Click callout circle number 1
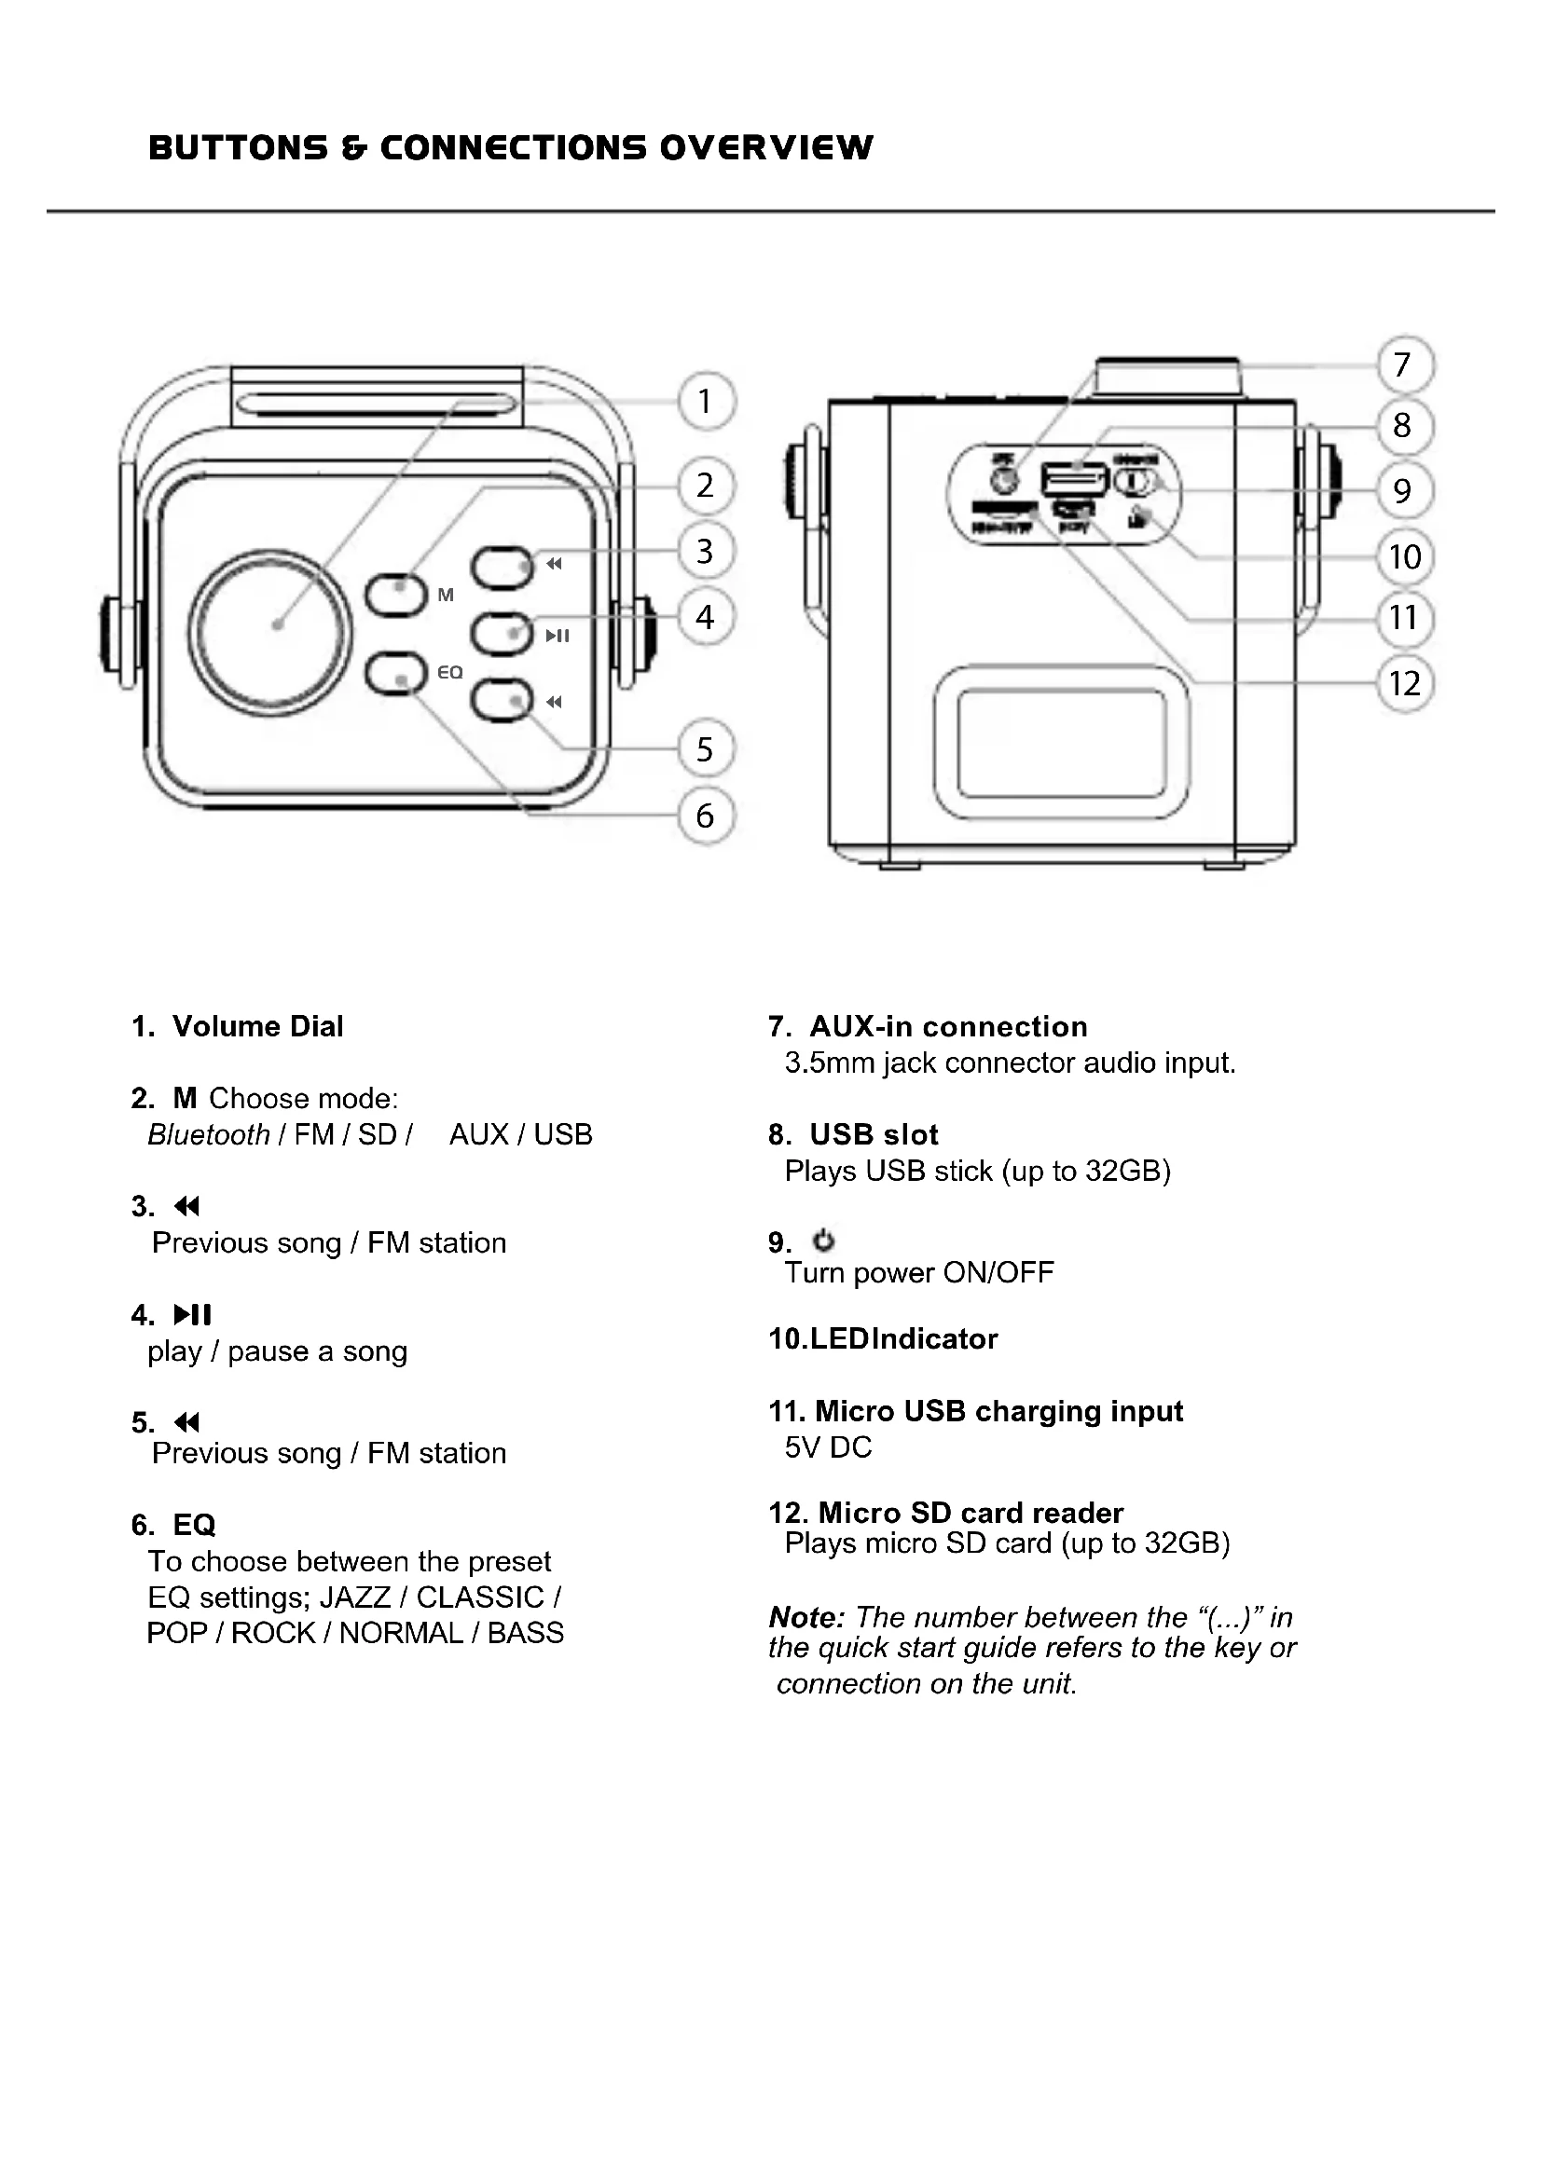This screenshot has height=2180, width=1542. (x=705, y=402)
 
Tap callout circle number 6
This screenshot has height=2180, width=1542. (x=705, y=816)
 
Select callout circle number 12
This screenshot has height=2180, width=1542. (x=1404, y=683)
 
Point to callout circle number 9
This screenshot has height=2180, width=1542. (x=1402, y=491)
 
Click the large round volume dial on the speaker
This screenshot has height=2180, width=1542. (x=270, y=630)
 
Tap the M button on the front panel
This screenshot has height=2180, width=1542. (x=396, y=596)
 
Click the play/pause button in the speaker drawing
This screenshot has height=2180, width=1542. (x=502, y=635)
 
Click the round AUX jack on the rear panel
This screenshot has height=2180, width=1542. (x=1004, y=479)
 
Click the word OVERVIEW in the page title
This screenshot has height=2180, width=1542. (x=765, y=148)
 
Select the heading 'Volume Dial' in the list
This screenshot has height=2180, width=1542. (x=257, y=1026)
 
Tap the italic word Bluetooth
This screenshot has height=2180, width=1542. (x=209, y=1134)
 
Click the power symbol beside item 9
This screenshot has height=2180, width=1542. (x=823, y=1240)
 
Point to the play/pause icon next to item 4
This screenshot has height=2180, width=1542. (x=193, y=1315)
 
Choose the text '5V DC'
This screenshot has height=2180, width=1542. (x=828, y=1447)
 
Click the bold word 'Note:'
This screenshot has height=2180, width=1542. (x=806, y=1616)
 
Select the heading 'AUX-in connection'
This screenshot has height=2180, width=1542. (x=947, y=1026)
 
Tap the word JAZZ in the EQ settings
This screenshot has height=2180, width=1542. (x=355, y=1597)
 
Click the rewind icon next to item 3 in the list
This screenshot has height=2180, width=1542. (x=187, y=1207)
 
